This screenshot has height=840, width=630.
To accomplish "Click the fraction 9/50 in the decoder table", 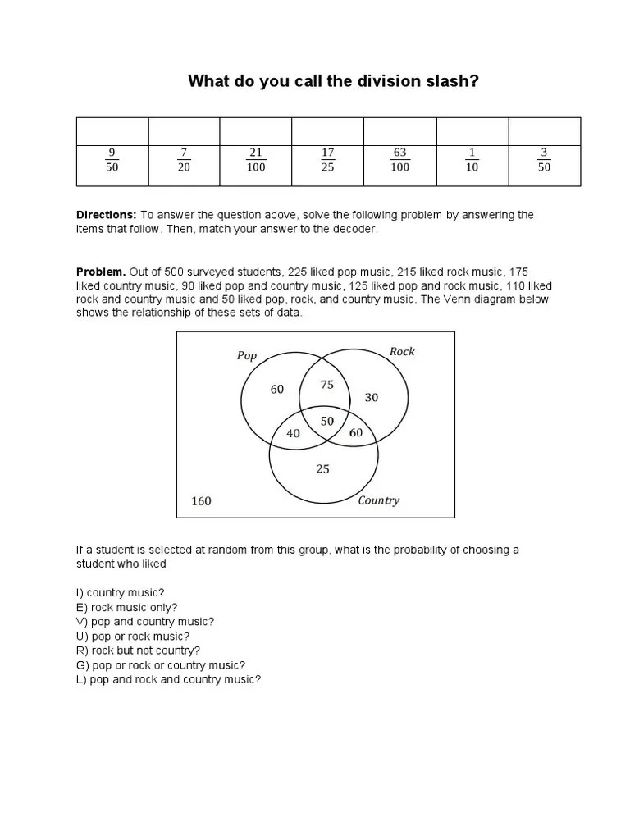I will pos(112,160).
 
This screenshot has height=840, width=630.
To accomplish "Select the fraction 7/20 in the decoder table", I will pos(184,160).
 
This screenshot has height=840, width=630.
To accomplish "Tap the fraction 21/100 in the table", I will pos(256,160).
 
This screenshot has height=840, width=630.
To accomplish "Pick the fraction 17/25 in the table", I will pos(328,160).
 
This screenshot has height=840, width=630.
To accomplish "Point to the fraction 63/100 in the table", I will pos(400,160).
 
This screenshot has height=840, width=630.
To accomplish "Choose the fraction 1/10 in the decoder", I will pos(472,160).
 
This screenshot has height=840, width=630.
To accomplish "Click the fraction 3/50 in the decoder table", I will pos(544,160).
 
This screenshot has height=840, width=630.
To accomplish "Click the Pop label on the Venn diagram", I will pos(247,356).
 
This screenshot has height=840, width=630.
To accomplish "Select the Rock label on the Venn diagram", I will pos(402,352).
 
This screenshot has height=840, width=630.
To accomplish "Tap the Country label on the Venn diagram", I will pos(378,500).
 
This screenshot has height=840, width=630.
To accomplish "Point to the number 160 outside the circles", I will pos(201,501).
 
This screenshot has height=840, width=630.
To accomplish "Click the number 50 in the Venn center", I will pos(327,420).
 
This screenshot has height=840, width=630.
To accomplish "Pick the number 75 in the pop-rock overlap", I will pos(327,385).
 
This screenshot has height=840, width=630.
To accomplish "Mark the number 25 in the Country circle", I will pos(323,469).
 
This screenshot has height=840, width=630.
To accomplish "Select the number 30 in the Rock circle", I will pos(372,397).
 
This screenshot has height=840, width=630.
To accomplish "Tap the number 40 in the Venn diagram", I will pos(293,433).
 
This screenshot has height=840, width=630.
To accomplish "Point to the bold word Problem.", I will pos(101,272).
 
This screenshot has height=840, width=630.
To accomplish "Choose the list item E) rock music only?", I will pos(126,607).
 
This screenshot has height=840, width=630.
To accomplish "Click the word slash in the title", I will pos(442,81).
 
